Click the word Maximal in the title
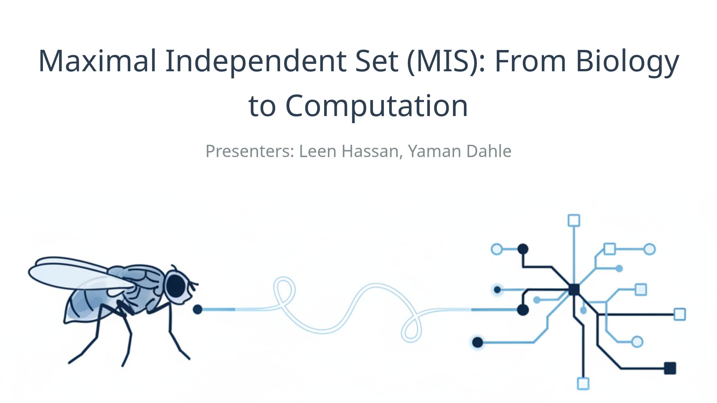[97, 60]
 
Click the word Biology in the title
[627, 60]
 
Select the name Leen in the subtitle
[317, 151]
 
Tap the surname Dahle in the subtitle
[490, 151]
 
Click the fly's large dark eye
[176, 286]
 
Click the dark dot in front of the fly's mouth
[198, 309]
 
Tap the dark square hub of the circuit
[574, 290]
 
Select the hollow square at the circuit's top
[574, 221]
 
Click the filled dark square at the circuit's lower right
[670, 368]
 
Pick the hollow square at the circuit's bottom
[583, 384]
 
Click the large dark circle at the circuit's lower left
[478, 342]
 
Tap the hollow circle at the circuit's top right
[650, 249]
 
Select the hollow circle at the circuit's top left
[497, 249]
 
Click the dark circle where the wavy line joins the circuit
[523, 310]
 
